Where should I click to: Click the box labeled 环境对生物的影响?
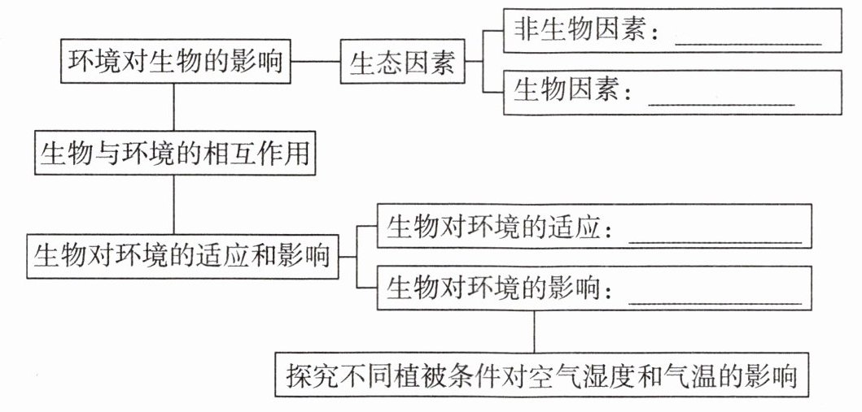tap(176, 62)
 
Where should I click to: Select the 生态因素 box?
tap(402, 63)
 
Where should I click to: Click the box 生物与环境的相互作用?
tap(175, 153)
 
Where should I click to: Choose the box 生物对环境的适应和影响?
tap(182, 256)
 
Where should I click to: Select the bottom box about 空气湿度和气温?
tap(541, 375)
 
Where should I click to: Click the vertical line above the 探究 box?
tap(534, 331)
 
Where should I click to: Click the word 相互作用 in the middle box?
tap(256, 153)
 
